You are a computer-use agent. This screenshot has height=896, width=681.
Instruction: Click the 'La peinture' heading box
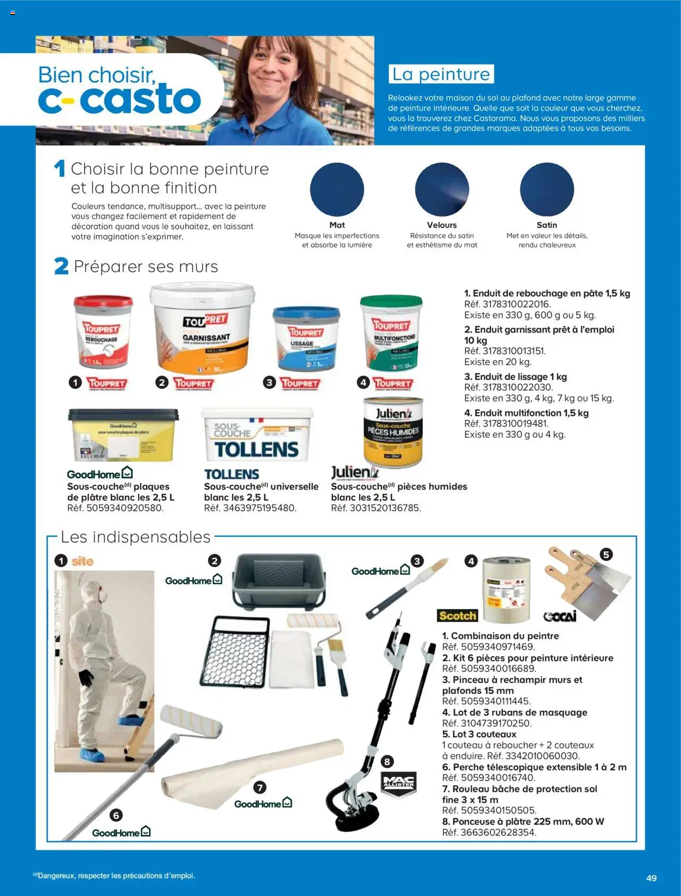pyautogui.click(x=441, y=74)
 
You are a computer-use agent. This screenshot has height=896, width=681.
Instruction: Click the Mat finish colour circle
pyautogui.click(x=337, y=189)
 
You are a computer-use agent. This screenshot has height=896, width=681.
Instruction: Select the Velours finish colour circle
pyautogui.click(x=442, y=189)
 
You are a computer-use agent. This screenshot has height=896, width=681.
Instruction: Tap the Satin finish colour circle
pyautogui.click(x=547, y=189)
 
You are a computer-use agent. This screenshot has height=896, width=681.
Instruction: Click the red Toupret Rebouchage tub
pyautogui.click(x=103, y=332)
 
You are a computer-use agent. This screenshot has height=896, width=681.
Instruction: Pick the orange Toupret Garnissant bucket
pyautogui.click(x=202, y=330)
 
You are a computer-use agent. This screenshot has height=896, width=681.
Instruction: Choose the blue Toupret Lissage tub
pyautogui.click(x=306, y=338)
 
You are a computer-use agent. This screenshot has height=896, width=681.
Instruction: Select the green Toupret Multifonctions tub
pyautogui.click(x=392, y=333)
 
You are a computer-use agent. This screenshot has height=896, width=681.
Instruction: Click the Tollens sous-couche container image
pyautogui.click(x=257, y=435)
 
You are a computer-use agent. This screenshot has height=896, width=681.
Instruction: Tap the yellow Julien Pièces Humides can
pyautogui.click(x=393, y=432)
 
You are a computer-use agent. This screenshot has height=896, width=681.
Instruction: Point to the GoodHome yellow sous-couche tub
pyautogui.click(x=123, y=435)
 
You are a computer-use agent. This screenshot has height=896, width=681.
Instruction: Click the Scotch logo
pyautogui.click(x=458, y=616)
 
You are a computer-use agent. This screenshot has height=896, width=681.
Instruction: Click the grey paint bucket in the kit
pyautogui.click(x=279, y=580)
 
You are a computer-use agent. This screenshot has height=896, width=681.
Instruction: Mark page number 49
pyautogui.click(x=651, y=878)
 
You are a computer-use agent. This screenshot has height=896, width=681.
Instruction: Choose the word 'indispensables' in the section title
pyautogui.click(x=152, y=537)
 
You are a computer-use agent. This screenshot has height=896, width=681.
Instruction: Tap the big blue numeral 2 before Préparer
pyautogui.click(x=61, y=266)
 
